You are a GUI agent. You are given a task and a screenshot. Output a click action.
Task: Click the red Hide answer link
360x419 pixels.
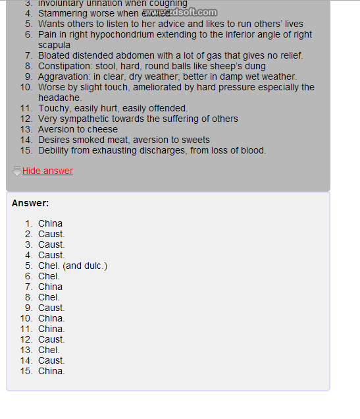(47, 171)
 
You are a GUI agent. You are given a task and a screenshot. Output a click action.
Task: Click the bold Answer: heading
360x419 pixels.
(30, 203)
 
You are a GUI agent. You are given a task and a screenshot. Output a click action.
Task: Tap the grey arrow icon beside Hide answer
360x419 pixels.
(16, 171)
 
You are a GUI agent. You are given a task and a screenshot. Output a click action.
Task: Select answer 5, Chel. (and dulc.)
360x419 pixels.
(72, 265)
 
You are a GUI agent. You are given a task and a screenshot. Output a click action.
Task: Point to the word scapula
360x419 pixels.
(54, 45)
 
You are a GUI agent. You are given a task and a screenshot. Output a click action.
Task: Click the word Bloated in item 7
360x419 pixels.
(55, 55)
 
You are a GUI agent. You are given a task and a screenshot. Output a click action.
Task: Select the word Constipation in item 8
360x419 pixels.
(65, 66)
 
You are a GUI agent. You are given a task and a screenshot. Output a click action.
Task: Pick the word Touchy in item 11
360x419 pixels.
(53, 108)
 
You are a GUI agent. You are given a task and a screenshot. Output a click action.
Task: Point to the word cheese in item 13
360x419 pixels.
(102, 129)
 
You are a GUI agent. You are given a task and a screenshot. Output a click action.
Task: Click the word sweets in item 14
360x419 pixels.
(195, 140)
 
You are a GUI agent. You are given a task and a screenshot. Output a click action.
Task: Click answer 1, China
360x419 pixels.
(50, 223)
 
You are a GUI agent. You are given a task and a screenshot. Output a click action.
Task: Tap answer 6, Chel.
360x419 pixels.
(49, 276)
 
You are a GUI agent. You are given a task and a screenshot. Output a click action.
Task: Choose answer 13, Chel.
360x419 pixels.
(49, 350)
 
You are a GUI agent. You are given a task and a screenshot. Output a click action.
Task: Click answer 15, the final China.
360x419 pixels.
(51, 371)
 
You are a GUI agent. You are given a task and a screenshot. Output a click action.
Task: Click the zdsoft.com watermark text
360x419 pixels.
(186, 12)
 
